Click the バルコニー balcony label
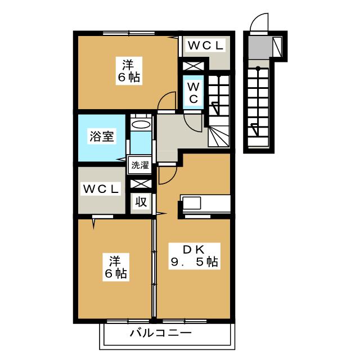[161, 333]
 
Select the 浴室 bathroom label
[101, 137]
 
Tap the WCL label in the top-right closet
[205, 46]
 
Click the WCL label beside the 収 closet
[101, 190]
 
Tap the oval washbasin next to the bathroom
[141, 124]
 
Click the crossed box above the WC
[192, 66]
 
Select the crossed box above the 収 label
[141, 183]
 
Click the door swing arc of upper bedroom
[166, 101]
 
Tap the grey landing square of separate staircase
[259, 46]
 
